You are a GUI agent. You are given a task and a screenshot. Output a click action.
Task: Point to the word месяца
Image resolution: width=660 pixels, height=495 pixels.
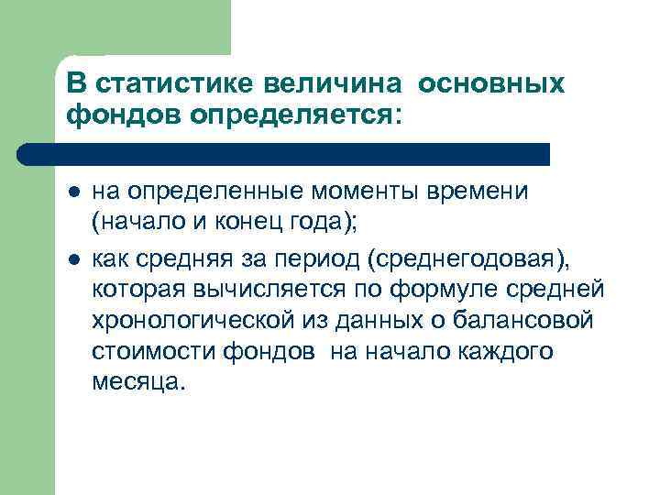click(x=137, y=381)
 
